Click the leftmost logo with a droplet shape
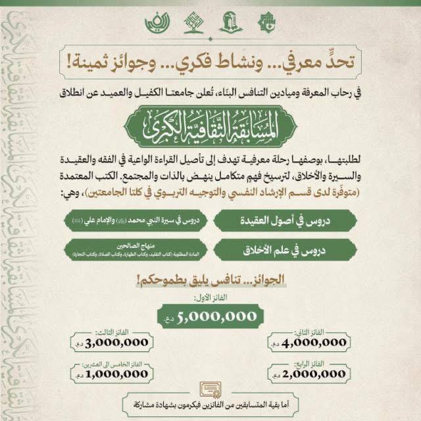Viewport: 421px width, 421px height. (x=157, y=24)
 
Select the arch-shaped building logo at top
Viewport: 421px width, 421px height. (x=230, y=24)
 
